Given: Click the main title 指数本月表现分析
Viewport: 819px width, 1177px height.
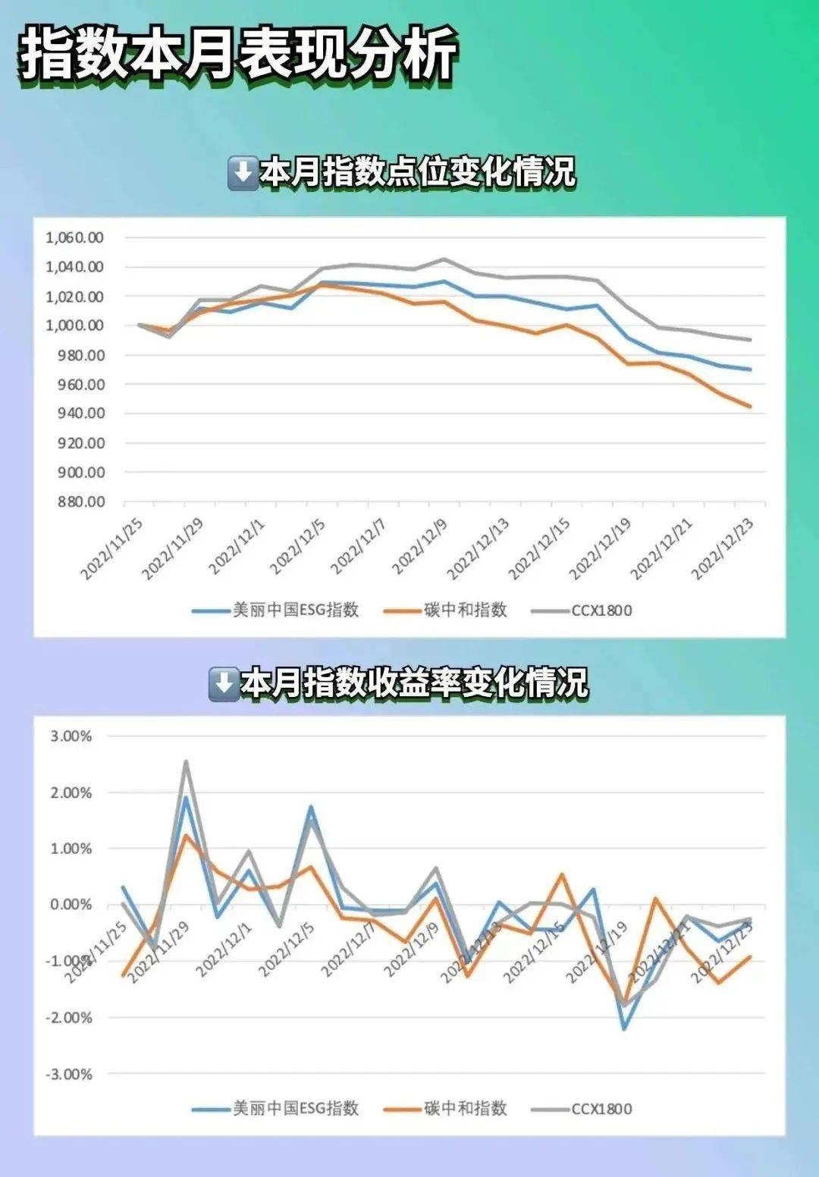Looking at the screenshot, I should click(238, 54).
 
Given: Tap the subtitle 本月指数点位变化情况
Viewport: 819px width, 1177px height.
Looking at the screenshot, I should click(417, 172).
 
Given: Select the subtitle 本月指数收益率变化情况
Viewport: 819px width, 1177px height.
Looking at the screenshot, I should click(413, 683).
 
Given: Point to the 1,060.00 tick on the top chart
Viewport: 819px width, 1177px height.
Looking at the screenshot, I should click(74, 237).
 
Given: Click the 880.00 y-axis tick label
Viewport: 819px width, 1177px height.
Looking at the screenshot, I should click(80, 502).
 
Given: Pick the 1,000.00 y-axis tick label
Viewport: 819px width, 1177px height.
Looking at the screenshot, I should click(74, 325).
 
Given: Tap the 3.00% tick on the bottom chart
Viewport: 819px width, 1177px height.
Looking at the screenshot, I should click(71, 736).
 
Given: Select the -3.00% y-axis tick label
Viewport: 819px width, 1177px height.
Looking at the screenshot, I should click(68, 1074).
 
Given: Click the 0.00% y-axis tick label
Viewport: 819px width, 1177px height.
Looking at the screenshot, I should click(71, 905).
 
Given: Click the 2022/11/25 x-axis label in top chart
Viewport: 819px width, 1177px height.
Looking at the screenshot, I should click(112, 551).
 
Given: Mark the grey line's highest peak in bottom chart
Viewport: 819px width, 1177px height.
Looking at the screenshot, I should click(186, 761).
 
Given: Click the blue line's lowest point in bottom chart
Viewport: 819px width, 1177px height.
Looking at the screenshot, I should click(624, 1028).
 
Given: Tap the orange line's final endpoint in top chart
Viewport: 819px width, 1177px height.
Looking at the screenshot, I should click(750, 406).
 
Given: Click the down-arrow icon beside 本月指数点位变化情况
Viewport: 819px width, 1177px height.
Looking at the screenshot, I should click(243, 173).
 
